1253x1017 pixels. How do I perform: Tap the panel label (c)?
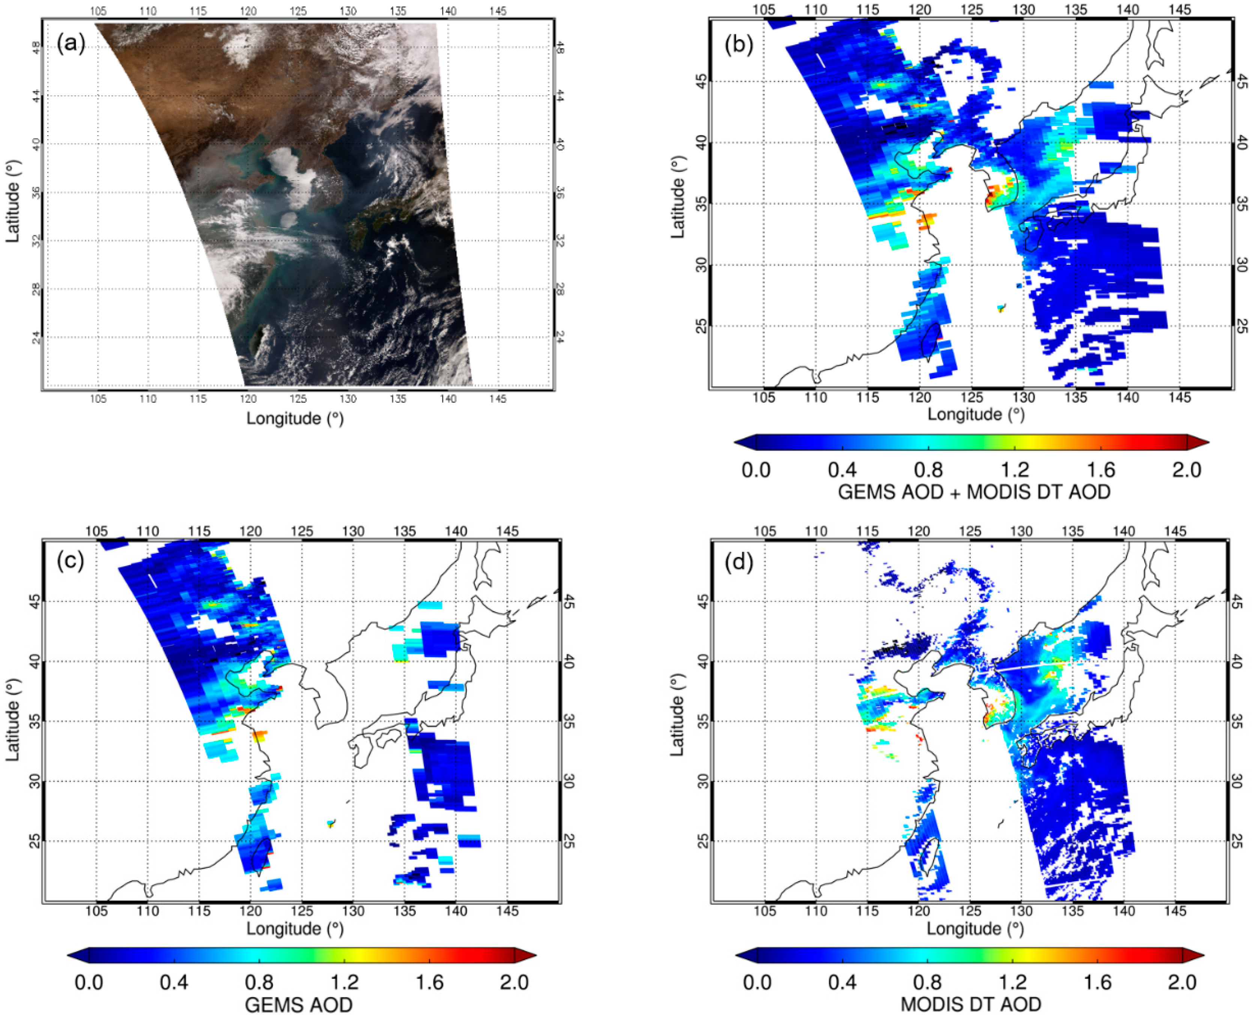click(71, 561)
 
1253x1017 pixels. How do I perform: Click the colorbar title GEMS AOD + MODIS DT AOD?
click(973, 492)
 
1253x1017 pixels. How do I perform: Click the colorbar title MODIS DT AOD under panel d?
click(971, 1004)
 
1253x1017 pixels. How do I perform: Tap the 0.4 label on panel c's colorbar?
click(174, 982)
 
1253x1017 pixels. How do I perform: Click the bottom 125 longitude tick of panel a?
click(298, 399)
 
